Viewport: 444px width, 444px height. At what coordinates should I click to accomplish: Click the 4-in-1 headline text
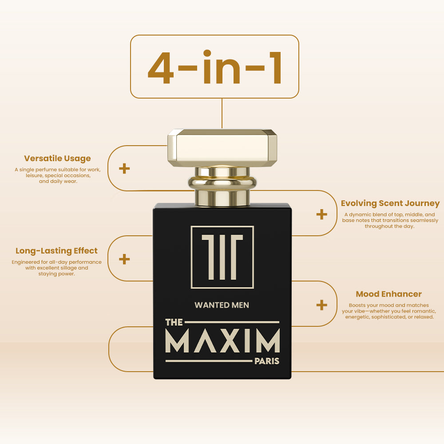coord(214,67)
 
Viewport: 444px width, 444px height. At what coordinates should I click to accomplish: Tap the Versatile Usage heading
coord(57,159)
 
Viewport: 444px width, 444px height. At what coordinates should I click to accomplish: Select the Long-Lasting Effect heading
coord(57,251)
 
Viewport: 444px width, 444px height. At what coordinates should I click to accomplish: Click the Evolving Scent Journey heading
coord(390,204)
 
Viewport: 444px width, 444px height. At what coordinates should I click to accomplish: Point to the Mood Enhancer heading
coord(389,294)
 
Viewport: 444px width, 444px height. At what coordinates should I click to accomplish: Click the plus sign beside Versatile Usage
coord(124,168)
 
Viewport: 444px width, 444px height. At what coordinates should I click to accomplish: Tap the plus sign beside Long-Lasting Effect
coord(124,259)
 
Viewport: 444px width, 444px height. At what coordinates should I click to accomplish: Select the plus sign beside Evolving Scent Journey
coord(321,214)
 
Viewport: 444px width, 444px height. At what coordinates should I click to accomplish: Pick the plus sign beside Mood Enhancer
coord(321,305)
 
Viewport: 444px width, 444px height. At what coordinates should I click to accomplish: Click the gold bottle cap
coord(222,148)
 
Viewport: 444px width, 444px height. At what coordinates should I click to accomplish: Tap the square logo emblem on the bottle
coord(222,257)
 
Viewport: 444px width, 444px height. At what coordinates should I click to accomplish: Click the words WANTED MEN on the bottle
coord(222,305)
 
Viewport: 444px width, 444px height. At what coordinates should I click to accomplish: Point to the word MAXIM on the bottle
coord(222,341)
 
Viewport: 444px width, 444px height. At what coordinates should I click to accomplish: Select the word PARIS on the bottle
coord(267,361)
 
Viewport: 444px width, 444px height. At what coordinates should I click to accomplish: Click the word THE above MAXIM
coord(174,322)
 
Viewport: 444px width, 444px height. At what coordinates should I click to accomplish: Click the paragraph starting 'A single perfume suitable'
coord(58,175)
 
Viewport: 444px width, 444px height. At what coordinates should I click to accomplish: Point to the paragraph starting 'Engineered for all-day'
coord(57,268)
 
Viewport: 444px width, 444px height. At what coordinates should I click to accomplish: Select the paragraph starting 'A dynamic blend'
coord(390,220)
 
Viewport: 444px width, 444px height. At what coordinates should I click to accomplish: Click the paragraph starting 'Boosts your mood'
coord(389,311)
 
